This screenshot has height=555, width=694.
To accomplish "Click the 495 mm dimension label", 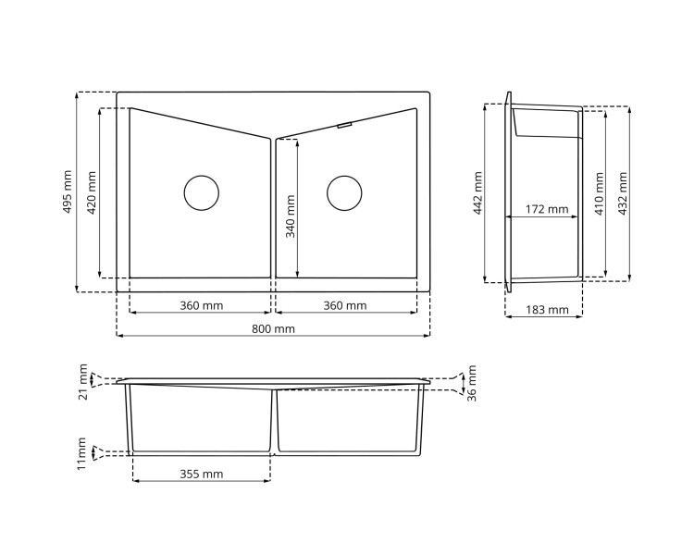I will [67, 192].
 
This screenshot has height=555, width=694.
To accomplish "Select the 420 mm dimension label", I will [91, 192].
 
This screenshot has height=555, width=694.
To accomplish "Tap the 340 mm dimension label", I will [291, 216].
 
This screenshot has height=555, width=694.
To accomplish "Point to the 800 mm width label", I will [273, 328].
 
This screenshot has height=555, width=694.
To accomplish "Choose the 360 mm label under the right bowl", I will [344, 305].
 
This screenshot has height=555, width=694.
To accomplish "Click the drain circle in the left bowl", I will [202, 192].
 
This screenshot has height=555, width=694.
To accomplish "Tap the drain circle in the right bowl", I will [344, 192].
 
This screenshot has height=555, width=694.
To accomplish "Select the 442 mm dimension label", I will [477, 192].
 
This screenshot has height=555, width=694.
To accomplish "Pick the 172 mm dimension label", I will [546, 210].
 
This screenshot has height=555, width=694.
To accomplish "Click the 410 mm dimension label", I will [599, 192].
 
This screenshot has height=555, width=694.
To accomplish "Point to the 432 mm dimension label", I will [623, 192].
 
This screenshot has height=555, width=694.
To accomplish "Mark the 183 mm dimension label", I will [546, 310].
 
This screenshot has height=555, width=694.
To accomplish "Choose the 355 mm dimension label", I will [201, 475].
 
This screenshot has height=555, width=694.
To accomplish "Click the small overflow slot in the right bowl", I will [344, 125].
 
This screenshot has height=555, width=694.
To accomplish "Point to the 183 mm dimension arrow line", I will [544, 317].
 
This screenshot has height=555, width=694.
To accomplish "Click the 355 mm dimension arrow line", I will [202, 482].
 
